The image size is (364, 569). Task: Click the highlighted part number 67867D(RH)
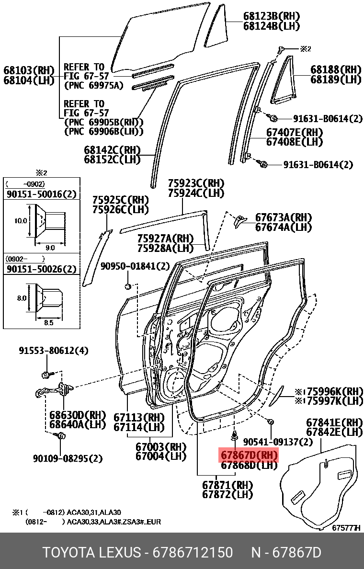click(249, 455)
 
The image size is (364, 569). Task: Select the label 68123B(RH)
click(269, 16)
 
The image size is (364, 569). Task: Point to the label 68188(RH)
click(336, 69)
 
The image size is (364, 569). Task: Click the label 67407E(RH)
click(294, 133)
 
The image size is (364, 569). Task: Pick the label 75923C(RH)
click(196, 184)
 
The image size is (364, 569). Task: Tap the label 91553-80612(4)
click(54, 351)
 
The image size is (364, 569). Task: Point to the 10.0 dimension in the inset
click(21, 221)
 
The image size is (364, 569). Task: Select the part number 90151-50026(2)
click(41, 269)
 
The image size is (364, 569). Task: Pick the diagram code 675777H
click(345, 528)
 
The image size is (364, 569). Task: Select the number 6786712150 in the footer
click(193, 553)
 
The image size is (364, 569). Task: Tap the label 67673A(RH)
click(283, 217)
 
